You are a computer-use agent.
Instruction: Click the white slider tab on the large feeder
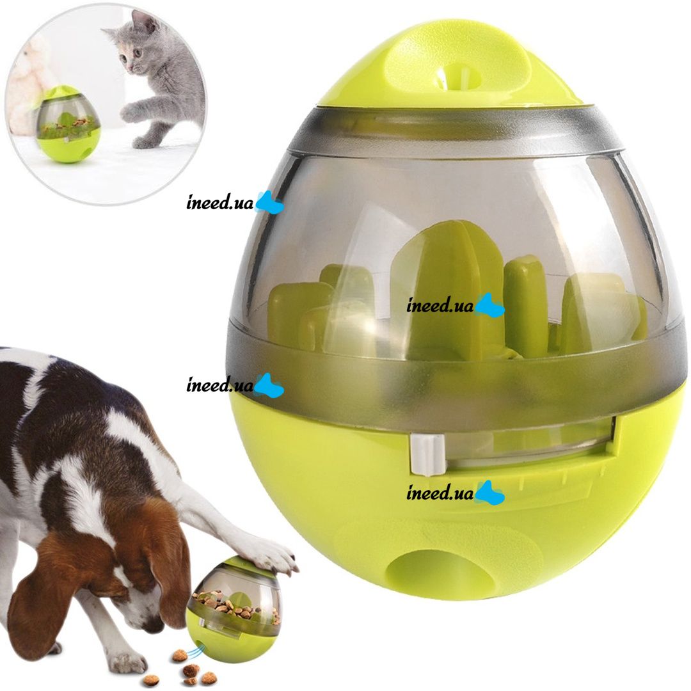[427, 456]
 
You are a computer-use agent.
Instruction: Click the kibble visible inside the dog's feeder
[234, 604]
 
